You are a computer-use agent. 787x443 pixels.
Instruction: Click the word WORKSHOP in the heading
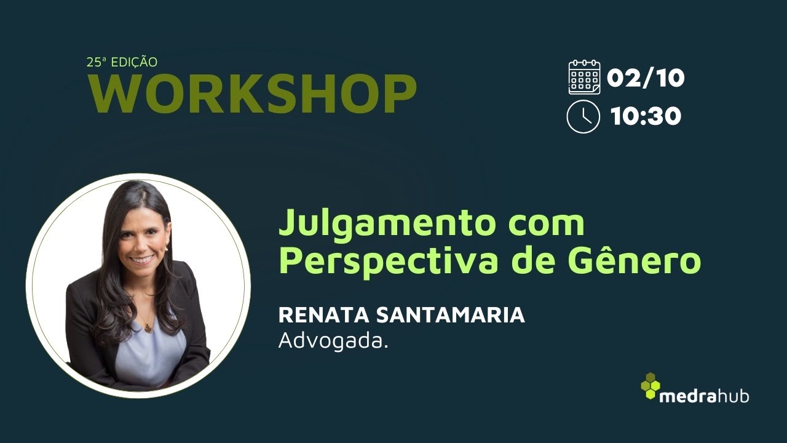tap(253, 94)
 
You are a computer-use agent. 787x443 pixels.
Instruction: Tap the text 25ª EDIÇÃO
tap(122, 62)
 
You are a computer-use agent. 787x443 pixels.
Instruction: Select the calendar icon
tap(584, 77)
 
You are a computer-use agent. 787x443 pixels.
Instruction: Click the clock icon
tap(583, 116)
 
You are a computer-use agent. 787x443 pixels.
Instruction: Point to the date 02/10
tap(646, 78)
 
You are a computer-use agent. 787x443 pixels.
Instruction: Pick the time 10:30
tap(646, 116)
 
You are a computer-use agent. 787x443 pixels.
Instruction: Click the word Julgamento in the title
tap(386, 224)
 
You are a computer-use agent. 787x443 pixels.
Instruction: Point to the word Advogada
tap(333, 340)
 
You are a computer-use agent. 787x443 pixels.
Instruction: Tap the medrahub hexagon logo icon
tap(651, 386)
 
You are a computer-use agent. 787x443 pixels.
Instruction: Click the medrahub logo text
tap(704, 396)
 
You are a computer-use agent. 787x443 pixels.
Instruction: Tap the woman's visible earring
tap(166, 249)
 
